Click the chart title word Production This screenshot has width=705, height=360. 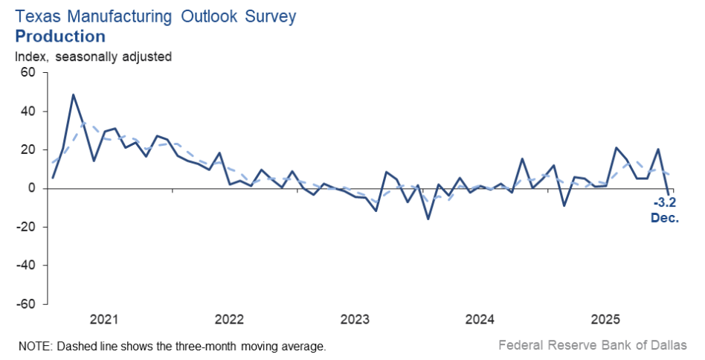coord(59,36)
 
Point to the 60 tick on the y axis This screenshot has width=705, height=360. coord(28,73)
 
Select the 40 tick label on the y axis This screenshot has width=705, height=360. coord(28,112)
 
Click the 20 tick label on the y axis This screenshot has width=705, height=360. coord(28,150)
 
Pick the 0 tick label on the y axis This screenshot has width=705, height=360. coord(32,189)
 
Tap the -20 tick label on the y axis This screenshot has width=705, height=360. coord(26,227)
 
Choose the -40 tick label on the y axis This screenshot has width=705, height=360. coord(26,266)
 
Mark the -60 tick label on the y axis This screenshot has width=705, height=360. coord(26,304)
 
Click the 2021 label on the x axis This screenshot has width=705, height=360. coord(104,320)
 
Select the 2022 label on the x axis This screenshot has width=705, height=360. coord(230,320)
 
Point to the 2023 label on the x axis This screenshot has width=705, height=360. coord(355,320)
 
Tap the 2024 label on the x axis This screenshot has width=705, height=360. coord(480,320)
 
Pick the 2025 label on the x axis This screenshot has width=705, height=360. coord(606,320)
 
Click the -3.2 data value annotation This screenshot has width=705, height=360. coord(665,203)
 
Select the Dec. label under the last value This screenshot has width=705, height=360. coord(665,218)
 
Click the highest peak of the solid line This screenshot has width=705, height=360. coord(73,94)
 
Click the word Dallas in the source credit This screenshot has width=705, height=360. coord(670,345)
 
